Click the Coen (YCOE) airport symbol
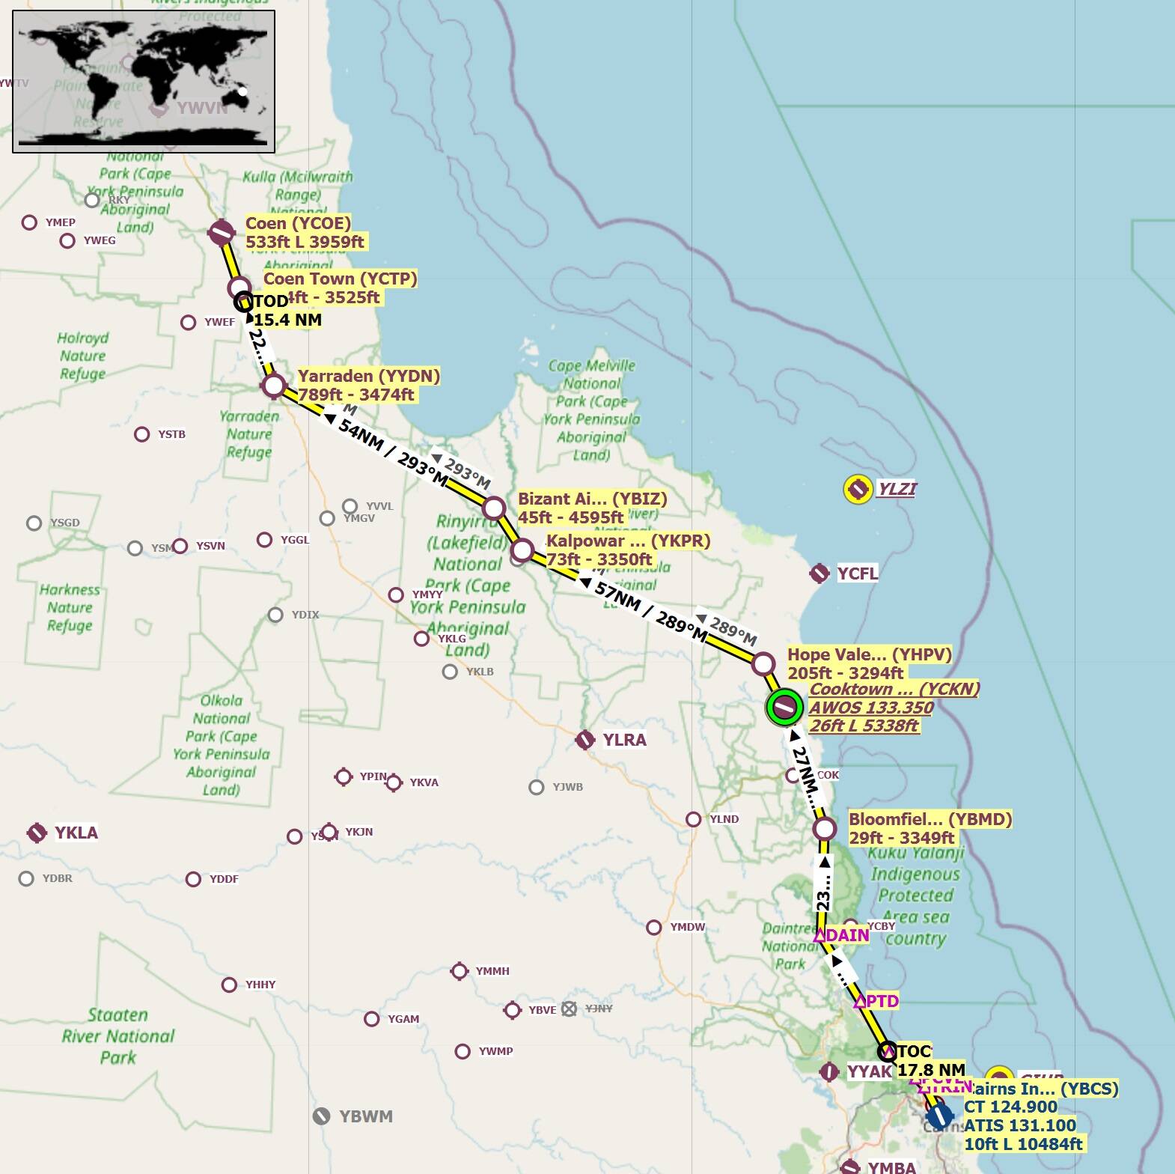coord(222,233)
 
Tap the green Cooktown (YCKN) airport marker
coord(784,707)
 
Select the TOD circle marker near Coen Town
coord(243,302)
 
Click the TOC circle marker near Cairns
coord(887,1050)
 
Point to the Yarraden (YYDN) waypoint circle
coord(274,386)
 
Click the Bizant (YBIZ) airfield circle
coord(494,508)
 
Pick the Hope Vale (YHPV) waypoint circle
coord(763,663)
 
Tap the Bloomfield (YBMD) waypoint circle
coord(824,829)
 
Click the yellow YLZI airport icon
coord(858,489)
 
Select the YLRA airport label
coord(624,740)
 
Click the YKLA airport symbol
coord(37,833)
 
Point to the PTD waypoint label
coord(882,1001)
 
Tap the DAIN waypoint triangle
coord(820,935)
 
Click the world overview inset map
coord(144,82)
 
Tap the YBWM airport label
coord(365,1116)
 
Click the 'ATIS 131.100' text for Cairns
coord(1019,1125)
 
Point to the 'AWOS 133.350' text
coord(871,708)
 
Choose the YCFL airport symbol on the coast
coord(820,574)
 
